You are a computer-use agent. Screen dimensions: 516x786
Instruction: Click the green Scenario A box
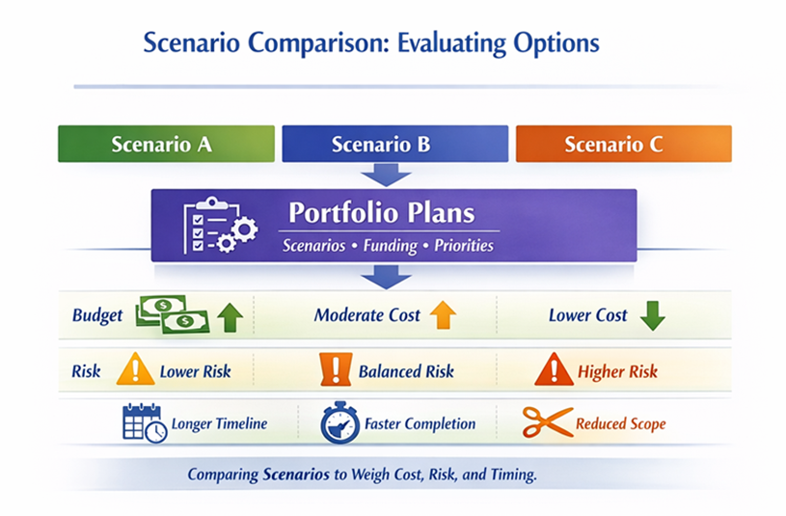pos(161,144)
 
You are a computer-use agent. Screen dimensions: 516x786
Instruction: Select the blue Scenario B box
pos(393,144)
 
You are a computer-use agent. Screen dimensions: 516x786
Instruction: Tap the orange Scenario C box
pos(623,144)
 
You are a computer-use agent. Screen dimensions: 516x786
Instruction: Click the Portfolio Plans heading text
pos(382,212)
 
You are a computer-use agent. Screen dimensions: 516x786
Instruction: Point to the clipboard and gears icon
pos(220,225)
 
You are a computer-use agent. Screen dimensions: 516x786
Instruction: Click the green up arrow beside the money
pos(230,315)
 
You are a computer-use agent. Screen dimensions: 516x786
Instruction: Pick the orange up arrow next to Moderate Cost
pos(442,314)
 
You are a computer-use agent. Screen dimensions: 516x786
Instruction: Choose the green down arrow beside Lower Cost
pos(653,315)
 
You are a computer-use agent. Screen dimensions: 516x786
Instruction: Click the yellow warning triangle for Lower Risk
pos(135,370)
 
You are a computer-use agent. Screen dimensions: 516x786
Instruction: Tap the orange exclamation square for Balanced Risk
pos(333,370)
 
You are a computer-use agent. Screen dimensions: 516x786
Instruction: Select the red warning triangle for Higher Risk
pos(554,370)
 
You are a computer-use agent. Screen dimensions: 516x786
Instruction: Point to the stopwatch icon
pos(339,423)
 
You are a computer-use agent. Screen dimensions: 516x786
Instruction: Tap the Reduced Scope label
pos(620,423)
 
